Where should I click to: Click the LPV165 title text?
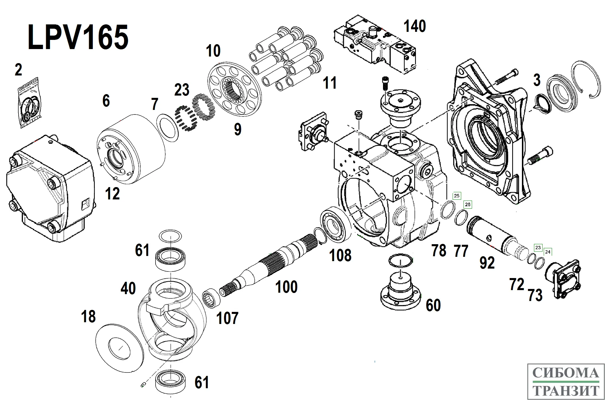(78, 37)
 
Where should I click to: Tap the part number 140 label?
(415, 26)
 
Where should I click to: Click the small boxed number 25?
(457, 196)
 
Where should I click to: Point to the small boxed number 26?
(467, 204)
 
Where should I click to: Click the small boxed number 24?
(547, 252)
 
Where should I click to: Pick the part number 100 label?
(286, 287)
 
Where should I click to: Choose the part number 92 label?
(487, 263)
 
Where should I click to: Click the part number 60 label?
(433, 305)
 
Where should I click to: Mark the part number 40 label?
(128, 288)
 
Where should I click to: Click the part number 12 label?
(112, 194)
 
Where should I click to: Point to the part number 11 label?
(329, 83)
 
